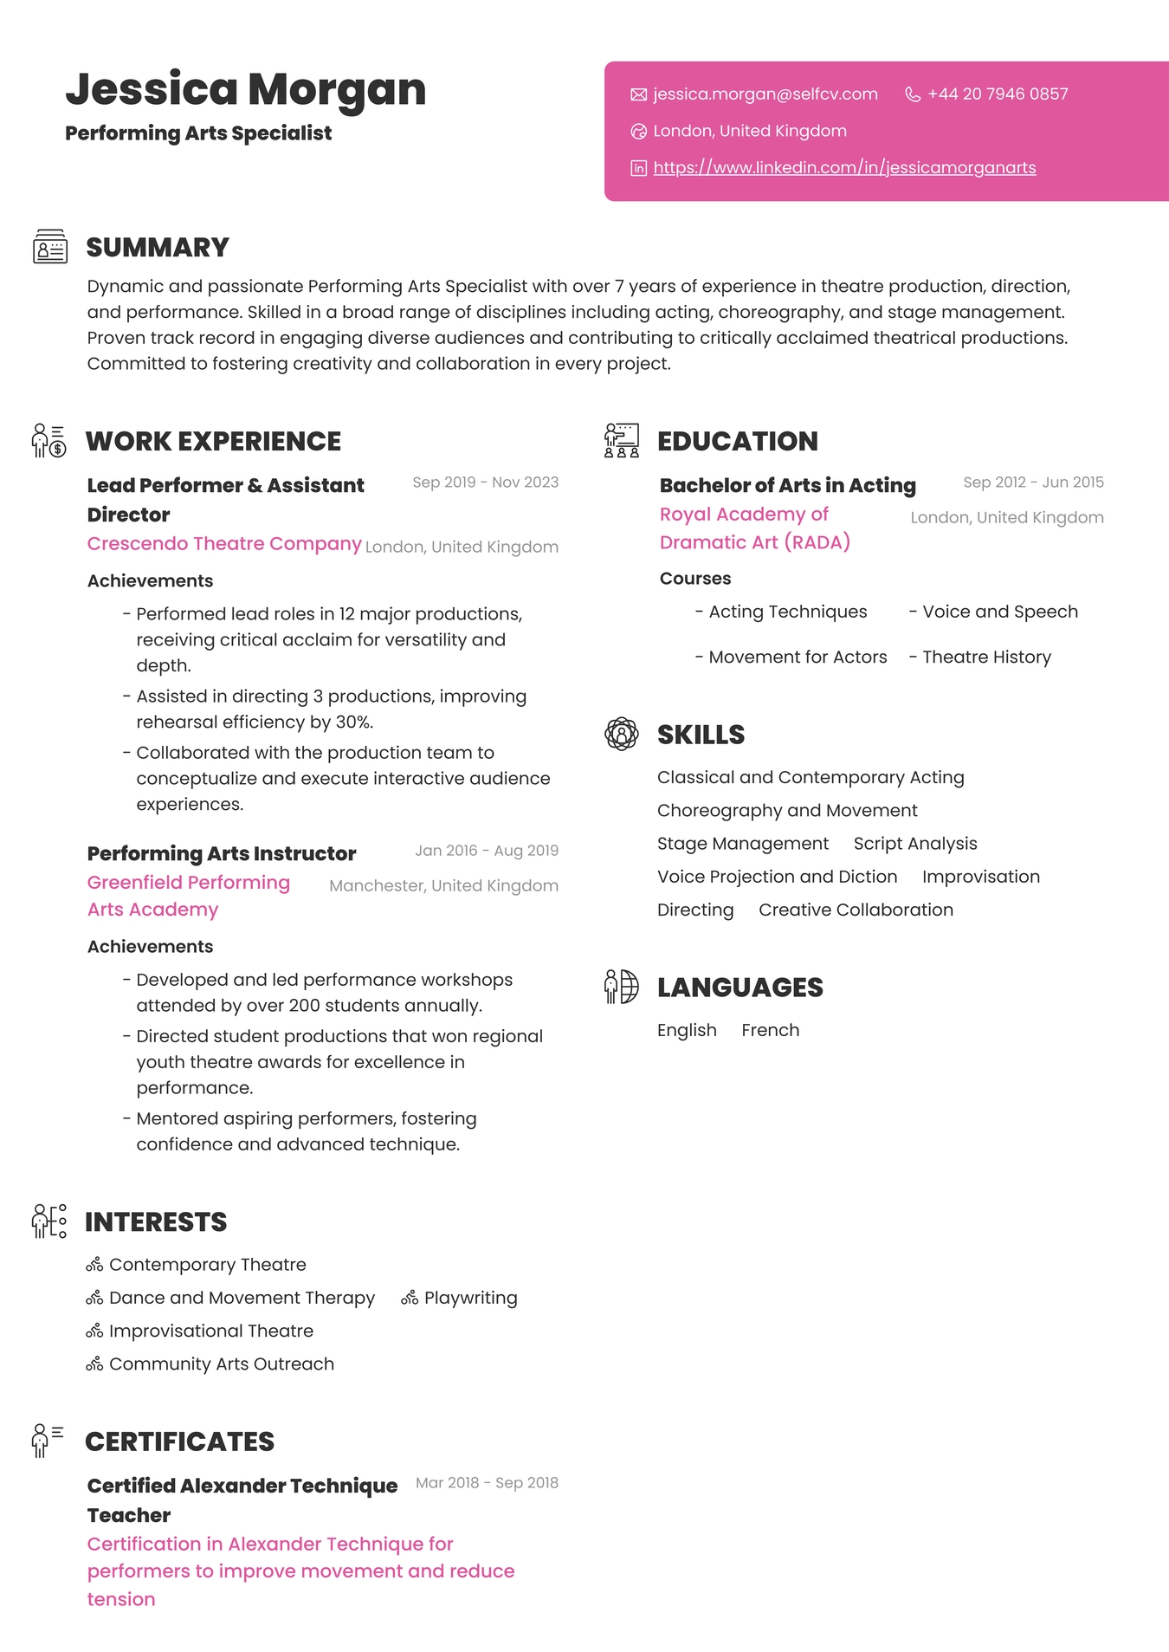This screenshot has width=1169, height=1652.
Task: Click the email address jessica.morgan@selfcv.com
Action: coord(765,94)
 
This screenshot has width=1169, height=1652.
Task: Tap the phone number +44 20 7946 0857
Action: coord(998,94)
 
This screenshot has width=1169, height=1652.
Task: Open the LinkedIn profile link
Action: coord(844,168)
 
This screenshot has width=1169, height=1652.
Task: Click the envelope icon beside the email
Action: coord(639,94)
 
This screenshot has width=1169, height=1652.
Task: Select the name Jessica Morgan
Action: coord(246,89)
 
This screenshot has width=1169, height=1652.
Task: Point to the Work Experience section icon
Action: coord(49,441)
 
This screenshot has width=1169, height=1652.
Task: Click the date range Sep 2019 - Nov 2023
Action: coord(485,483)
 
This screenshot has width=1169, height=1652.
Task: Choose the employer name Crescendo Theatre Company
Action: coord(224,544)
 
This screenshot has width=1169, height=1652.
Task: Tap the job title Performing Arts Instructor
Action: coord(222,854)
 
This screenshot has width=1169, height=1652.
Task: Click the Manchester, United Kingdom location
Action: coord(443,886)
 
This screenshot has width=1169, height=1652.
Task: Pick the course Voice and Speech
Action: coord(999,612)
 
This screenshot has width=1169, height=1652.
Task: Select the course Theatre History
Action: coord(986,658)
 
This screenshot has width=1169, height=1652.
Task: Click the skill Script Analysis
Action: coord(915,845)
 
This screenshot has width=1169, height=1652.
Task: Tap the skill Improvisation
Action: coord(980,878)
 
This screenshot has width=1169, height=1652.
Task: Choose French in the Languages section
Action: coord(770,1031)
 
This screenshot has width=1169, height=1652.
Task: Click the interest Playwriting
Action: coord(470,1299)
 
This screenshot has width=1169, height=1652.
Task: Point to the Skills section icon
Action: coord(622,735)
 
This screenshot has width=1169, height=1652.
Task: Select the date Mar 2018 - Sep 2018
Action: coord(487,1483)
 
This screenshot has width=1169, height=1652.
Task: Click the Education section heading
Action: coord(737,442)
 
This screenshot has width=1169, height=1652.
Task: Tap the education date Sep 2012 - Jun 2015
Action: coord(1033,483)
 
